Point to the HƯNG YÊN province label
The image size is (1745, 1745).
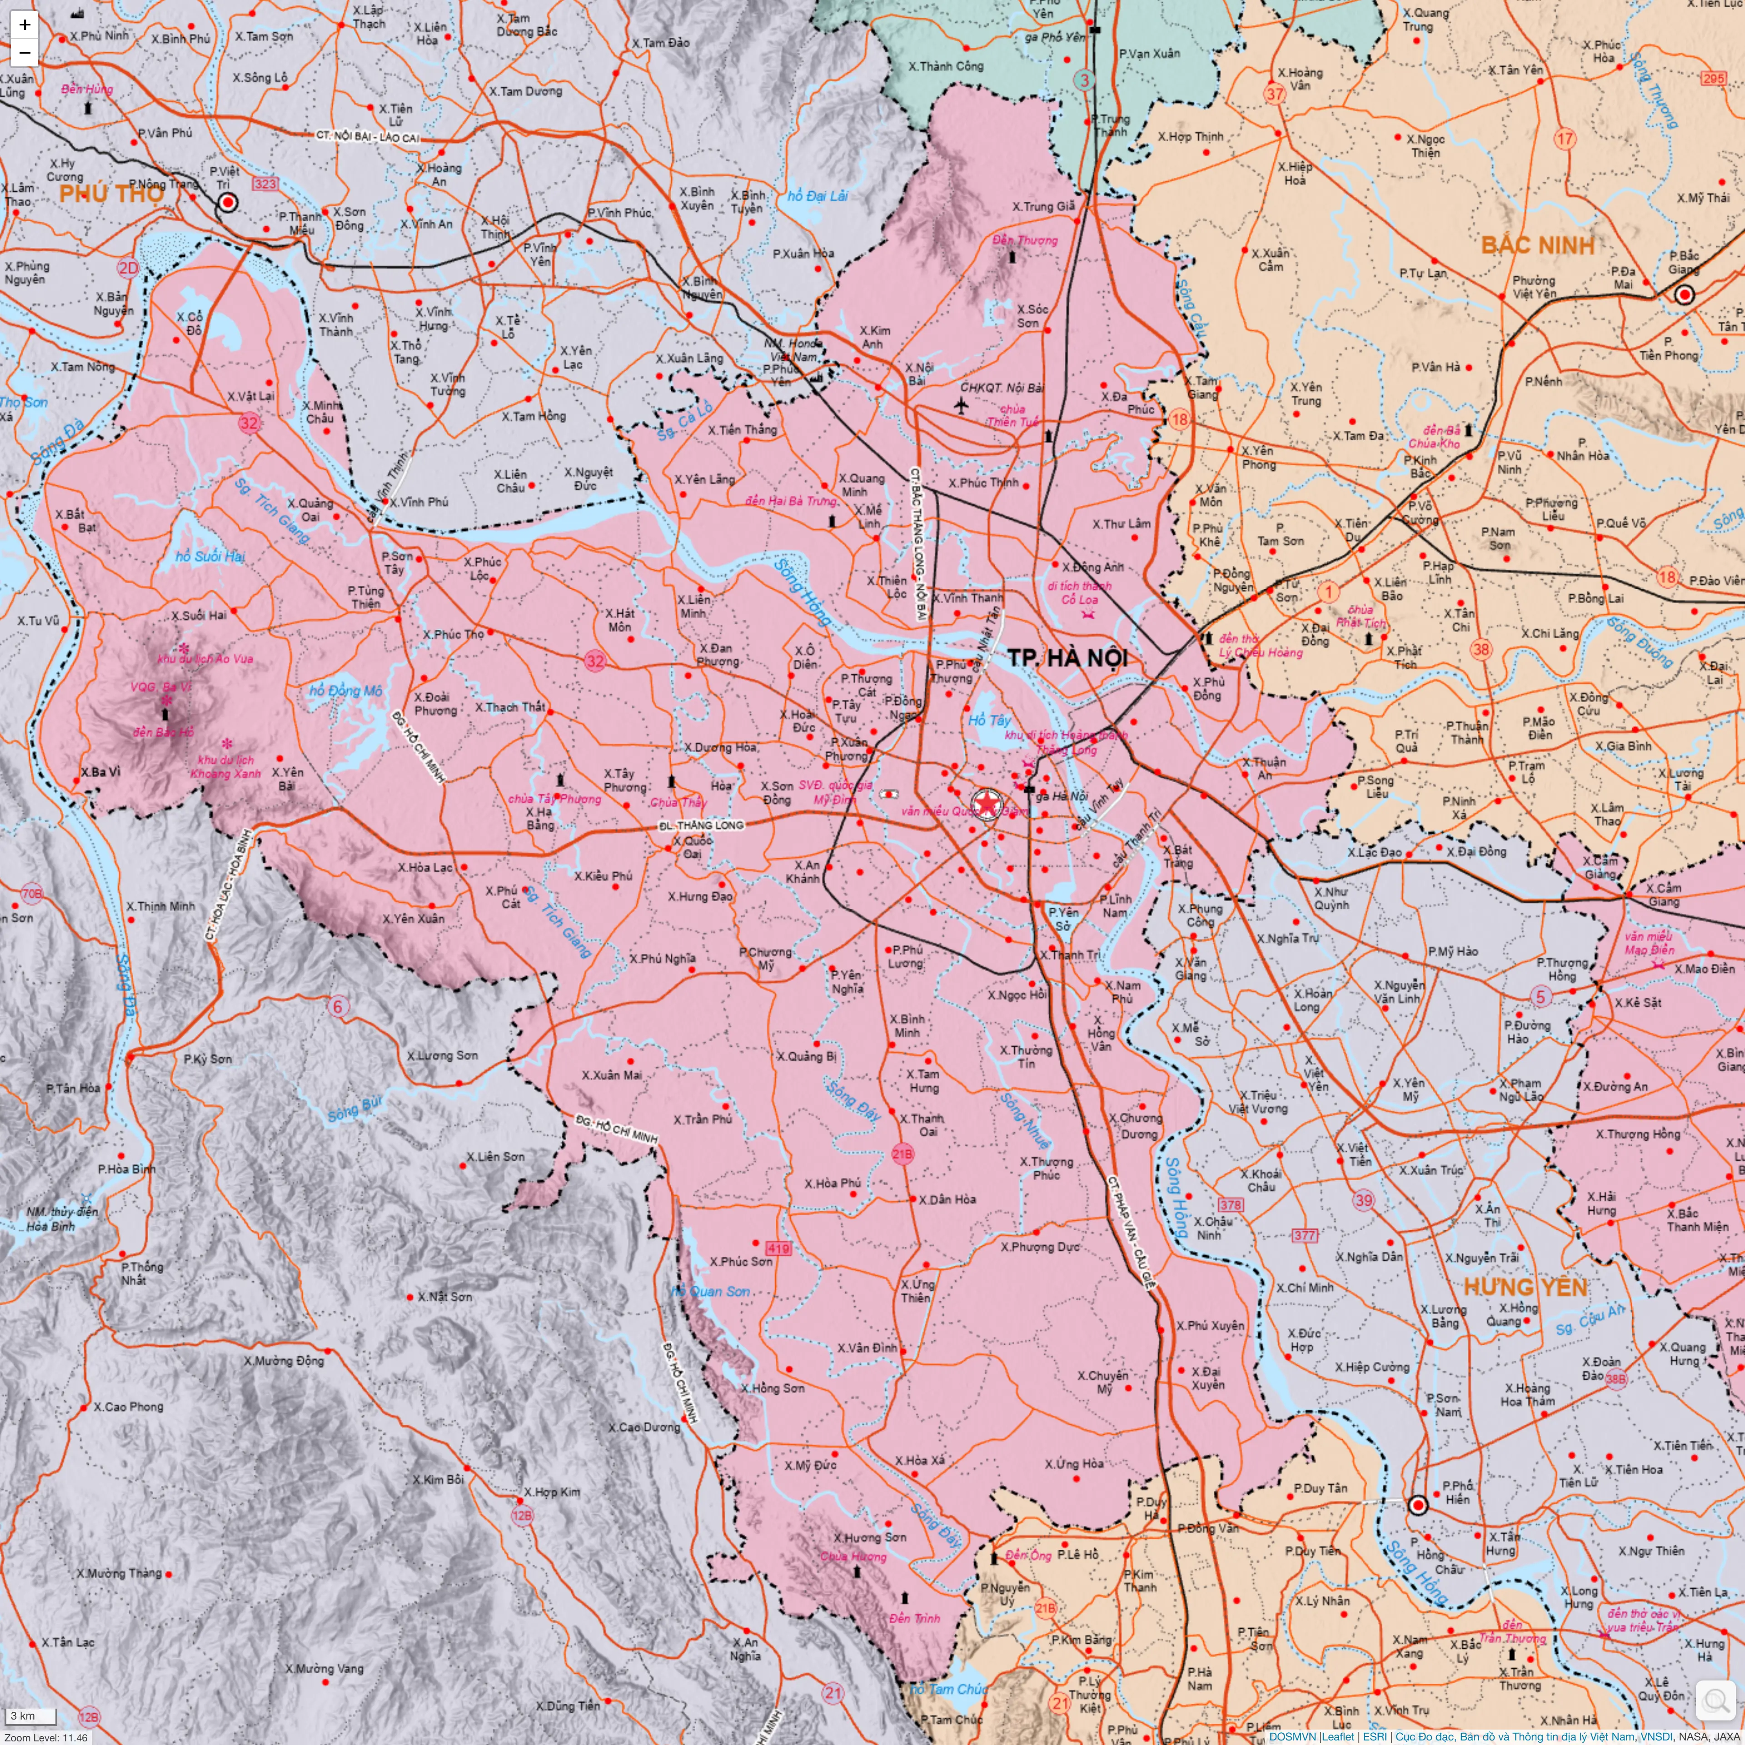coord(1525,1287)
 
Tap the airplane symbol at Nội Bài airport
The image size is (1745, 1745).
coord(961,404)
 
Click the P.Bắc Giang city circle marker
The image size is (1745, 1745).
coord(1684,294)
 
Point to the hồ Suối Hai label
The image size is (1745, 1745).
coord(209,556)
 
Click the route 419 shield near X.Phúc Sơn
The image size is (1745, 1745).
coord(778,1248)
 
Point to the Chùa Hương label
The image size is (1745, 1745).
coord(853,1556)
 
